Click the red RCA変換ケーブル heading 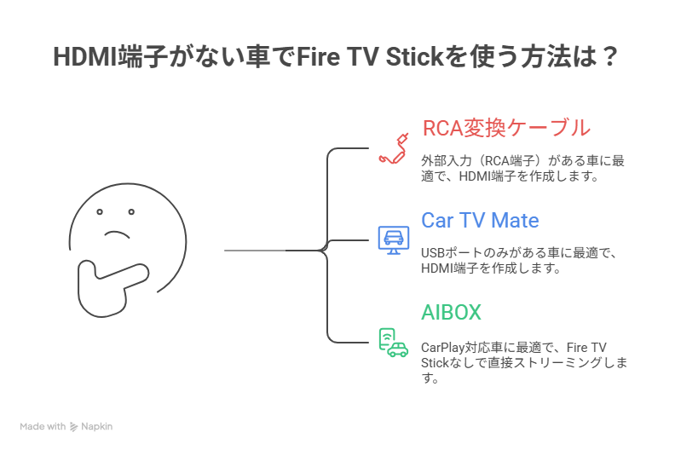(x=505, y=129)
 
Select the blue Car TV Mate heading (x=480, y=220)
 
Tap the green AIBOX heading (x=451, y=312)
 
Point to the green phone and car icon (x=393, y=342)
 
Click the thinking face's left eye (x=100, y=211)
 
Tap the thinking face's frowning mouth (x=118, y=231)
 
